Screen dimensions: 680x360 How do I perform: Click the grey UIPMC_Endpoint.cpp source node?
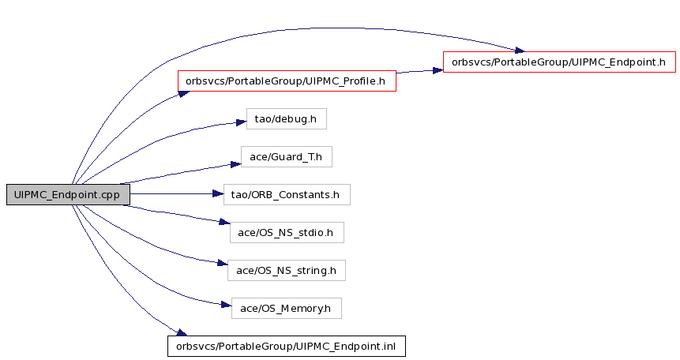tap(68, 194)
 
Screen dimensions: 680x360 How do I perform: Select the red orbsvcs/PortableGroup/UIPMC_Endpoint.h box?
tap(559, 62)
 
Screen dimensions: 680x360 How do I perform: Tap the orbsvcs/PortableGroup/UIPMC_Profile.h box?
tap(287, 81)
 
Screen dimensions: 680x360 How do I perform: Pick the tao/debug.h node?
tap(286, 119)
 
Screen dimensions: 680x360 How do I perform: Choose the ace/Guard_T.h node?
tap(286, 156)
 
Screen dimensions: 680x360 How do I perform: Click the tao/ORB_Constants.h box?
tap(287, 195)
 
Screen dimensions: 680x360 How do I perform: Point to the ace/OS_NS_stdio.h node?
tap(287, 232)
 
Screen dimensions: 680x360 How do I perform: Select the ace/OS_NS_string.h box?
tap(286, 270)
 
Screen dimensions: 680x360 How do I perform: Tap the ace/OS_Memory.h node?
tap(286, 309)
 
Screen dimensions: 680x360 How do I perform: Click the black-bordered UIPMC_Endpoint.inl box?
tap(287, 346)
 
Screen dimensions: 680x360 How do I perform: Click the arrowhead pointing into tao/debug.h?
tap(241, 122)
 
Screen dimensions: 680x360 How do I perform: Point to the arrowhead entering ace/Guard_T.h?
tap(235, 164)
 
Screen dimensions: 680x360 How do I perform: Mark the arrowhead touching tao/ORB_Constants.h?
tap(218, 194)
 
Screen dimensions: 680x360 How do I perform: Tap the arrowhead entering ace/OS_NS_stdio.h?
tap(224, 222)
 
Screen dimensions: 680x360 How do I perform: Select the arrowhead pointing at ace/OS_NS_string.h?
tap(222, 263)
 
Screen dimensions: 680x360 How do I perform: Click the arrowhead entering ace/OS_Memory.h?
tap(226, 305)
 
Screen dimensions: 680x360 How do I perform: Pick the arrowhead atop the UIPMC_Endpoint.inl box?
tap(182, 332)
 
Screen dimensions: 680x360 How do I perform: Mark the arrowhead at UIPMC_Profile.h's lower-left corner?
tap(184, 94)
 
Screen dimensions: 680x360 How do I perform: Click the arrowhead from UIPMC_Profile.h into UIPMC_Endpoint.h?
tap(438, 70)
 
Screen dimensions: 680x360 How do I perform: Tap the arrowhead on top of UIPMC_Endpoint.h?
tap(520, 51)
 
